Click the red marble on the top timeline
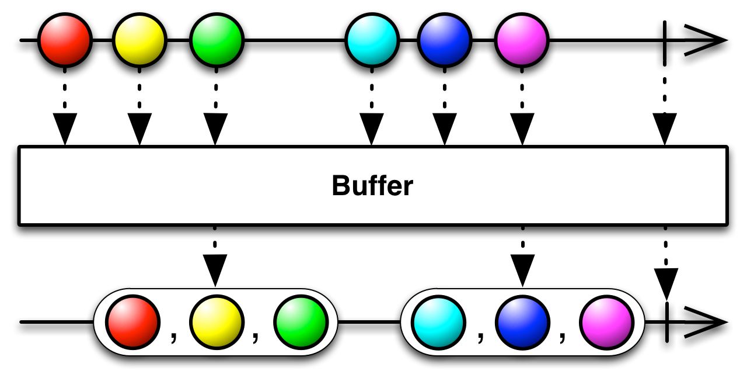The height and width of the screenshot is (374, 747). pos(65,40)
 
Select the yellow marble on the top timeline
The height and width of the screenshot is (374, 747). pos(139,40)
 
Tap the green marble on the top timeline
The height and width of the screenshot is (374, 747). pos(216,40)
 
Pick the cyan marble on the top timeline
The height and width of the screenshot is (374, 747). pos(372,40)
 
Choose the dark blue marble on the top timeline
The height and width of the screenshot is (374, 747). pos(445,40)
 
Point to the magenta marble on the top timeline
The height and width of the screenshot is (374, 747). pos(521,40)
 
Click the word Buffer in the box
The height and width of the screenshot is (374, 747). pos(372,186)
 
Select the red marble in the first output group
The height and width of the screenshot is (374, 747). pos(132,322)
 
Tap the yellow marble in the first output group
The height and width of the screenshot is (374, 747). pos(216,322)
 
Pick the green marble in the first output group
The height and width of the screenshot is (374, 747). pos(301,322)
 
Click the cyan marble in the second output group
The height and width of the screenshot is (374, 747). pos(438,322)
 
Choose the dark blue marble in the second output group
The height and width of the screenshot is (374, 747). pos(522,322)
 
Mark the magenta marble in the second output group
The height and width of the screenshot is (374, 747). pos(606,322)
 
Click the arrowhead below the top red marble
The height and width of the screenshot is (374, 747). pos(65,130)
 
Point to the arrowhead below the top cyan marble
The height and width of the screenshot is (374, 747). pos(372,130)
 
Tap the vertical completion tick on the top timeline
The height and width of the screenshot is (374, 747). pos(665,40)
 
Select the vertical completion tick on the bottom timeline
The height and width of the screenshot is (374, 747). pos(665,322)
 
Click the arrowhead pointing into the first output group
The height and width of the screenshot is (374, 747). pos(216,270)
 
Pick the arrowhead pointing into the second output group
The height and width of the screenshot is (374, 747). pos(522,270)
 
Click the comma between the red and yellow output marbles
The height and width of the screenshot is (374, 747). pos(173,338)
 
